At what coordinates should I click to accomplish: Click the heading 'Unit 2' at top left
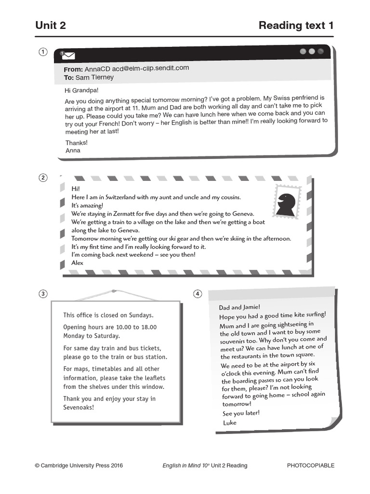tap(51, 26)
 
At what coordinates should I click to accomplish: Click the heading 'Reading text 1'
tap(296, 26)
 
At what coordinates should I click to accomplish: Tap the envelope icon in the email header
tap(68, 55)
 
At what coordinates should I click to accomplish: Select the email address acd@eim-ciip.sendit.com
tap(150, 69)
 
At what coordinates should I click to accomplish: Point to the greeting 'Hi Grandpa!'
tap(81, 90)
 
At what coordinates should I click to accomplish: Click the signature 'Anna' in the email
tap(73, 151)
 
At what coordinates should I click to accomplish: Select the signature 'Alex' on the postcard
tap(77, 263)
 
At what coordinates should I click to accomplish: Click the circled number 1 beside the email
tap(43, 52)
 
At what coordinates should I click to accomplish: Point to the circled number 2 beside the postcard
tap(43, 178)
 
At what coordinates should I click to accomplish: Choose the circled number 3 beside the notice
tap(43, 294)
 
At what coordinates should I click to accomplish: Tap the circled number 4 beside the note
tap(198, 294)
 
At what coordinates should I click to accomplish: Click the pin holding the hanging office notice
tap(114, 291)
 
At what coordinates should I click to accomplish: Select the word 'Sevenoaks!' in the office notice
tap(79, 407)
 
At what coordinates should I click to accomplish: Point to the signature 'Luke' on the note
tap(230, 423)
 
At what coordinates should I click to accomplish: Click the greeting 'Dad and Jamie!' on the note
tap(239, 307)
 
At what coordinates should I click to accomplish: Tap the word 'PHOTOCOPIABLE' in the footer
tap(310, 466)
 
